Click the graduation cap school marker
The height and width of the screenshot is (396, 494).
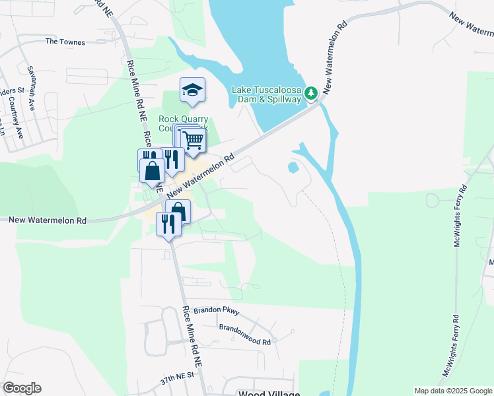192,90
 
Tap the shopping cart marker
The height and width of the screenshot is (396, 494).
193,139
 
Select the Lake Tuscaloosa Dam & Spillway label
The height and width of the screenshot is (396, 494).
266,94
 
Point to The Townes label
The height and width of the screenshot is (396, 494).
65,42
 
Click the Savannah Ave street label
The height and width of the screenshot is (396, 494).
30,86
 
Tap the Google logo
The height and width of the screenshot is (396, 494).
22,388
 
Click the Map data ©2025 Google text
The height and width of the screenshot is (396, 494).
452,391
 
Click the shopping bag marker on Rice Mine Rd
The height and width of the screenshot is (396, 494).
153,170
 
